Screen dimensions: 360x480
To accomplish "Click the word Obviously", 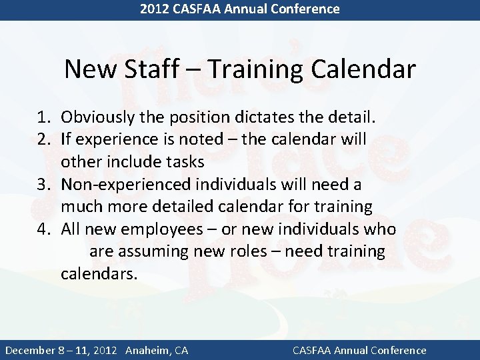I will pos(99,118).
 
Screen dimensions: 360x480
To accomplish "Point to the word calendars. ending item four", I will pos(99,273).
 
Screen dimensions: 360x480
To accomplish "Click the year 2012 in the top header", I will pos(154,9).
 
